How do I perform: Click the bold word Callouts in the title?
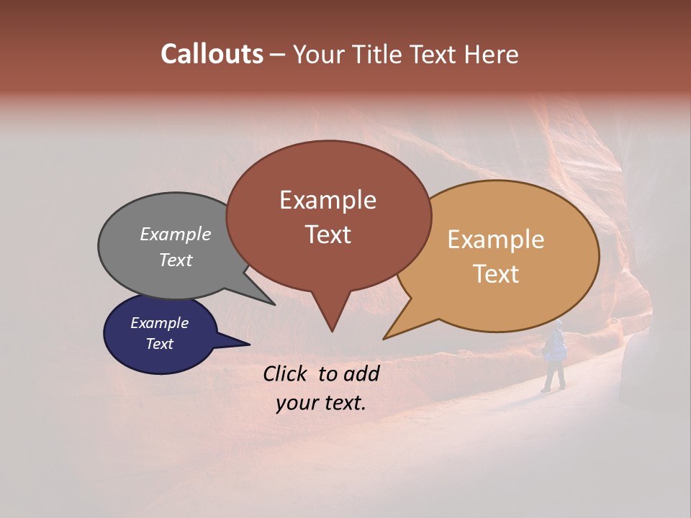point(212,54)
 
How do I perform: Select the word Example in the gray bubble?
point(175,234)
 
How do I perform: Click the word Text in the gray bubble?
point(175,260)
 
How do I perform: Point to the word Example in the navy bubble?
point(159,323)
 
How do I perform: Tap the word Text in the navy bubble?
point(159,344)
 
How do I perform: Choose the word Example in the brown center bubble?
point(328,200)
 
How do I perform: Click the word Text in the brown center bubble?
point(328,235)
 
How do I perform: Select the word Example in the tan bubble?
point(496,240)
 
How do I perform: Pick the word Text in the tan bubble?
point(496,274)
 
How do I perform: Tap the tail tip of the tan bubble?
point(384,338)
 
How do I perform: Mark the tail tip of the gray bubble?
point(274,304)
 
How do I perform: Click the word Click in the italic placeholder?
point(286,373)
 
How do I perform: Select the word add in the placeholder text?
point(361,373)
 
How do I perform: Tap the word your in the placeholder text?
point(294,403)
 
